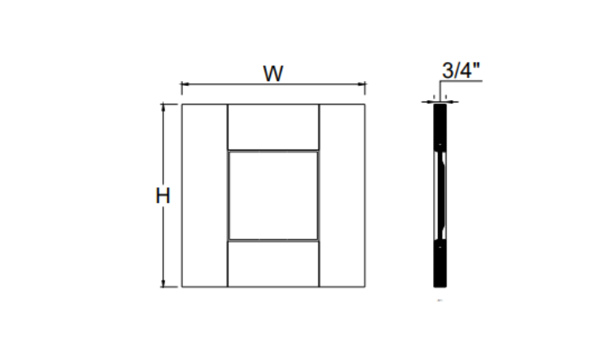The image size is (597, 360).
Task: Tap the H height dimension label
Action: click(162, 196)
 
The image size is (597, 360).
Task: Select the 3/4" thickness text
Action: click(461, 70)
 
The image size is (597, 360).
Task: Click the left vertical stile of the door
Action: click(204, 195)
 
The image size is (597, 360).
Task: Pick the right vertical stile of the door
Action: click(342, 195)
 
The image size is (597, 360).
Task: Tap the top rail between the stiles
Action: click(273, 127)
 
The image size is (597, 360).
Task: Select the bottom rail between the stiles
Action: click(273, 263)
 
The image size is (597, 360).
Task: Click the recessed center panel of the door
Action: click(273, 195)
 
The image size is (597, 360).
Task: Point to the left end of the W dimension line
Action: click(182, 83)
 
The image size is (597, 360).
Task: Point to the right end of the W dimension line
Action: click(365, 83)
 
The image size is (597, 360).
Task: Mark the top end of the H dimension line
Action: click(164, 105)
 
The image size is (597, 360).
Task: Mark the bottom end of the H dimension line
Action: click(164, 287)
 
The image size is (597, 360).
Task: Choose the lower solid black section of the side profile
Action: click(439, 263)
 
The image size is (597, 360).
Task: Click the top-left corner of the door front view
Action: click(182, 105)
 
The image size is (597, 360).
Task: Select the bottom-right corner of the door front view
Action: click(365, 287)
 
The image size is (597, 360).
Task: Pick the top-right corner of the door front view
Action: click(365, 105)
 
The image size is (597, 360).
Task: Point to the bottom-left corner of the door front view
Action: click(182, 287)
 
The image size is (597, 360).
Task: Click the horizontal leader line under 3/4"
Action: click(461, 82)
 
